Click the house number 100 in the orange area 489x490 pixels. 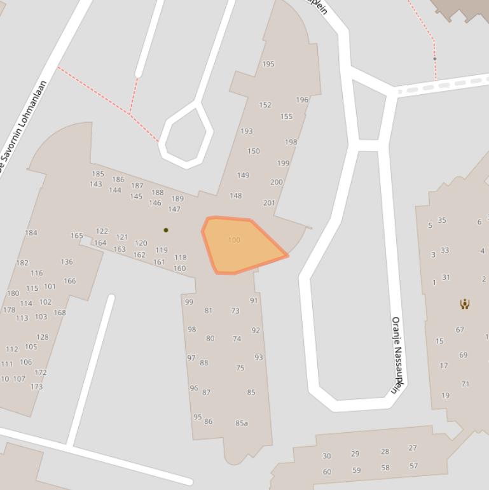tap(234, 240)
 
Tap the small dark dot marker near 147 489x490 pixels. tap(166, 230)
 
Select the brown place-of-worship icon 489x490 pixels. tap(465, 304)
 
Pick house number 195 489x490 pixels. tap(268, 64)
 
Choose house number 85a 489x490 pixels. tap(242, 423)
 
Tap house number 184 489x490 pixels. tap(31, 233)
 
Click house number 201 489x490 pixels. tap(269, 204)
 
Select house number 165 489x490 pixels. tap(77, 236)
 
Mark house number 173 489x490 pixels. tap(36, 387)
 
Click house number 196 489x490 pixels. tap(302, 100)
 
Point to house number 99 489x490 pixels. tap(189, 302)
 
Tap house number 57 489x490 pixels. tap(414, 466)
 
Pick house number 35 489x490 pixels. tap(442, 221)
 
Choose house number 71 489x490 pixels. tap(465, 384)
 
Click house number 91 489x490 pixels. tap(254, 301)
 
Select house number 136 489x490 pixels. tap(67, 262)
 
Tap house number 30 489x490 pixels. tap(327, 456)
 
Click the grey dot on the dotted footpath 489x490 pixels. tap(435, 59)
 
